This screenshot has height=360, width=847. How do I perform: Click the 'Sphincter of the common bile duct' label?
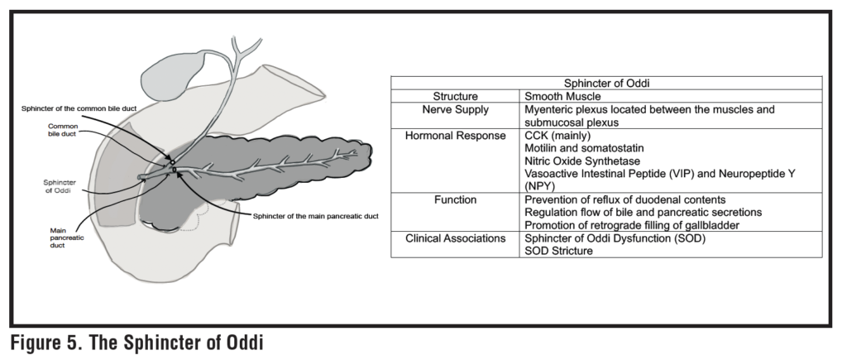coord(91,108)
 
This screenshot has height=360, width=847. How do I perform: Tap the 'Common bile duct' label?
coord(63,131)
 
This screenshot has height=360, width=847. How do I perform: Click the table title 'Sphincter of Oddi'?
coord(606,83)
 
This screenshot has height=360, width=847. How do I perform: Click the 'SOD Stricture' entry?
coord(558,251)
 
